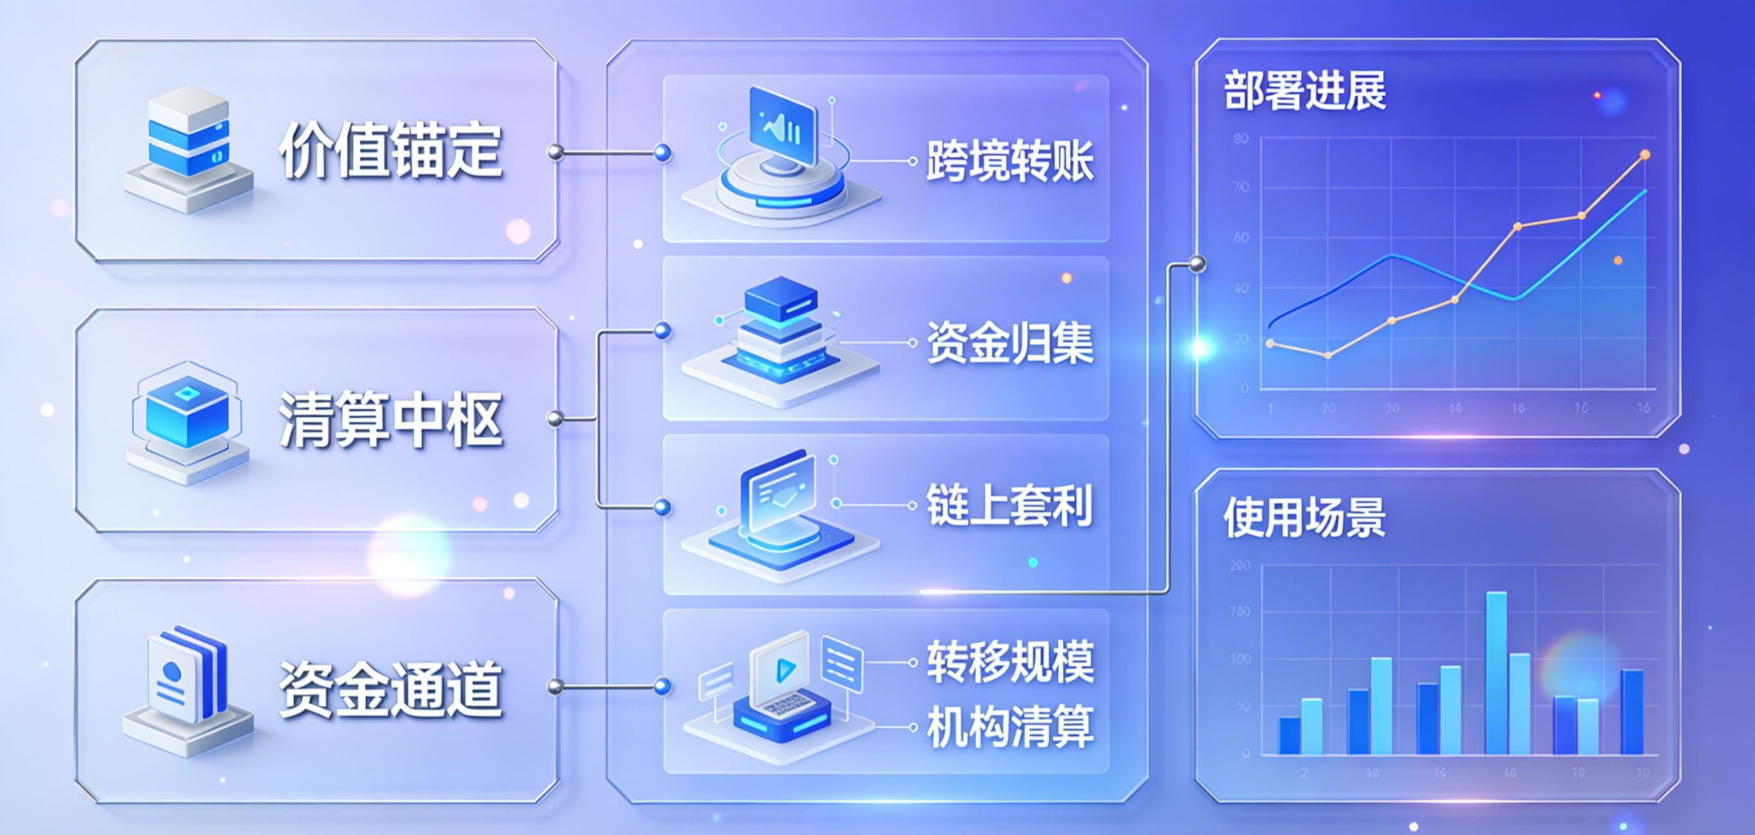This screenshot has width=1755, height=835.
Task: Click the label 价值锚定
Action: pyautogui.click(x=390, y=151)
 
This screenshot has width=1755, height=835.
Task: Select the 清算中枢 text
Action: pyautogui.click(x=390, y=420)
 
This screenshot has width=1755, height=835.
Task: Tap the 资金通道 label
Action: pyautogui.click(x=390, y=688)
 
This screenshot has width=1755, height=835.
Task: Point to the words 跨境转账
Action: pyautogui.click(x=1010, y=161)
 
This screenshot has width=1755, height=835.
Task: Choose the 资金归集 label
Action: pyautogui.click(x=1010, y=343)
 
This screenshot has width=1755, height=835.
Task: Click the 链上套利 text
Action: pyautogui.click(x=1010, y=505)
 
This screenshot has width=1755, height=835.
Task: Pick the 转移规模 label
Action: pyautogui.click(x=1010, y=662)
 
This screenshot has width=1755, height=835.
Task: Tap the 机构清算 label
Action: pyautogui.click(x=1010, y=728)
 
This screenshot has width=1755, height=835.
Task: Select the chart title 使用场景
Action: pyautogui.click(x=1304, y=517)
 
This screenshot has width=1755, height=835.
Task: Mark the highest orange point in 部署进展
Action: pyautogui.click(x=1644, y=156)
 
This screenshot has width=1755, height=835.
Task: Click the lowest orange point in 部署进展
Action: pyautogui.click(x=1327, y=355)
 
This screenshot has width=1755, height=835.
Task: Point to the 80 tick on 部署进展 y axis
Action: pyautogui.click(x=1241, y=139)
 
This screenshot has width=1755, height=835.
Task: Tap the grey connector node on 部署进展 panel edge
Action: pyautogui.click(x=1196, y=264)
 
